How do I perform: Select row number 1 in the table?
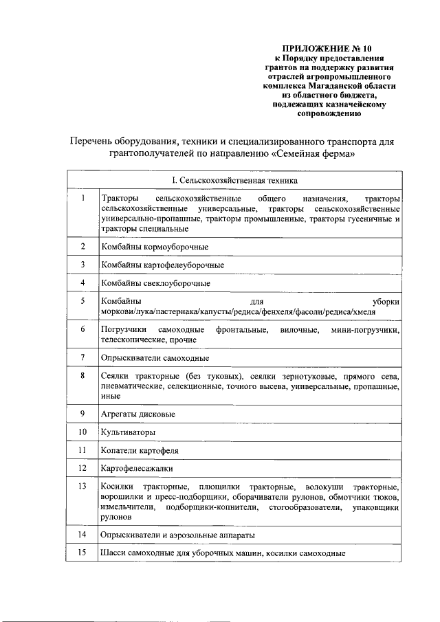pyautogui.click(x=82, y=199)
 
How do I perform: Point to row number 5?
pyautogui.click(x=82, y=301)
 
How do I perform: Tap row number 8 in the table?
pyautogui.click(x=82, y=376)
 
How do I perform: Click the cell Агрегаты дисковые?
pyautogui.click(x=137, y=414)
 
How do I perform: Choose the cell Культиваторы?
pyautogui.click(x=127, y=432)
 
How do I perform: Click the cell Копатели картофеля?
pyautogui.click(x=140, y=450)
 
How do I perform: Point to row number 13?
pyautogui.click(x=82, y=487)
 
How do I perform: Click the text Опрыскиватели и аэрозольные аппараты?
pyautogui.click(x=181, y=534)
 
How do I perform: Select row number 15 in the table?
pyautogui.click(x=82, y=553)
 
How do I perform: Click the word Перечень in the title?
pyautogui.click(x=93, y=141)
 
